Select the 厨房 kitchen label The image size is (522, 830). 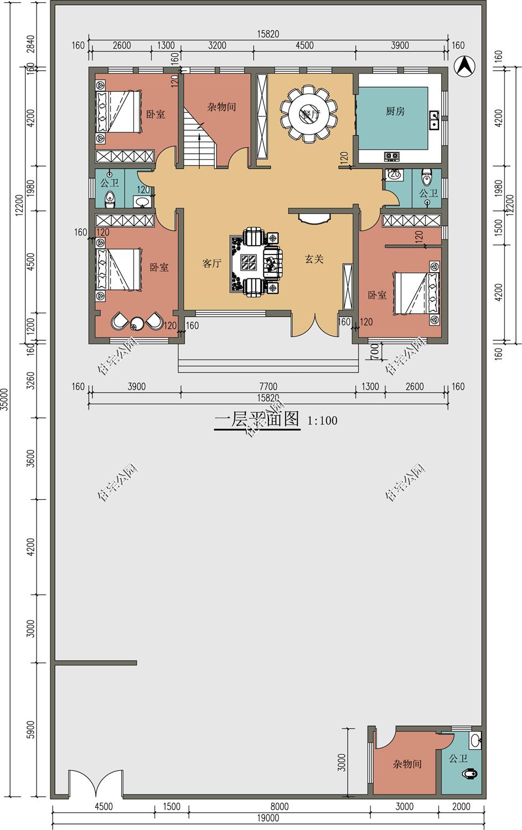pyautogui.click(x=395, y=111)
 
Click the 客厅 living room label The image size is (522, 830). pyautogui.click(x=211, y=263)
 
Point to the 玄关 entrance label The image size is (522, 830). pyautogui.click(x=314, y=259)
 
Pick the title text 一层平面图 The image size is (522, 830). pyautogui.click(x=257, y=419)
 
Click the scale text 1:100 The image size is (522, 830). pyautogui.click(x=322, y=421)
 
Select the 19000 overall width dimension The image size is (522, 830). pyautogui.click(x=268, y=818)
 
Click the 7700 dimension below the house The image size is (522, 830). pyautogui.click(x=268, y=387)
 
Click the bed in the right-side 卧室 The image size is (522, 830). pyautogui.click(x=417, y=292)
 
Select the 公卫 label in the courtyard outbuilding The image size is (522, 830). pyautogui.click(x=458, y=759)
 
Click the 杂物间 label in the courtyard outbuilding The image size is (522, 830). pyautogui.click(x=407, y=764)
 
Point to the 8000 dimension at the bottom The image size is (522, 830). pyautogui.click(x=280, y=807)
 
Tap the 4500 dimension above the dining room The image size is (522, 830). pyautogui.click(x=304, y=45)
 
